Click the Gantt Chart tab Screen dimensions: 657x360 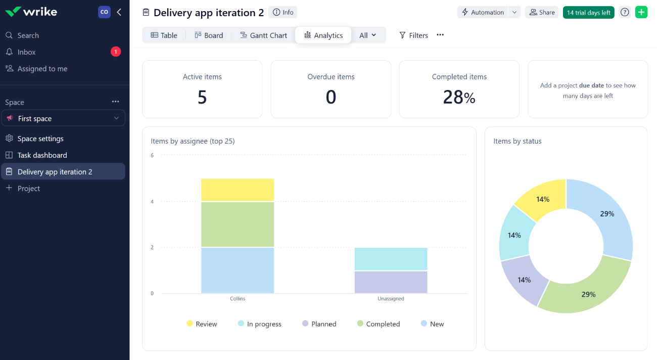pyautogui.click(x=263, y=35)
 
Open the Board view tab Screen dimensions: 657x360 pyautogui.click(x=209, y=35)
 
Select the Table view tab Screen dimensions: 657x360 pyautogui.click(x=164, y=35)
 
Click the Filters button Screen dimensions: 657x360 pyautogui.click(x=413, y=35)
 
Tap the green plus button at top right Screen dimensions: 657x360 pyautogui.click(x=641, y=13)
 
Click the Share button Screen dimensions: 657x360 pyautogui.click(x=542, y=13)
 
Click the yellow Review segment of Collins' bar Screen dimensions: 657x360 pyautogui.click(x=238, y=190)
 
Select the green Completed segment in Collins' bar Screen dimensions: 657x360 pyautogui.click(x=238, y=224)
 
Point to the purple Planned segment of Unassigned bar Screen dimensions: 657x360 pyautogui.click(x=391, y=282)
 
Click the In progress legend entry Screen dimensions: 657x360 pyautogui.click(x=259, y=324)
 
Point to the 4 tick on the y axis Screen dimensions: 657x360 pyautogui.click(x=152, y=202)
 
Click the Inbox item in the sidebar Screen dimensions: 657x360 pyautogui.click(x=27, y=52)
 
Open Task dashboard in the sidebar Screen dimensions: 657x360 pyautogui.click(x=42, y=155)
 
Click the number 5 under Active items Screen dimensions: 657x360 pyautogui.click(x=202, y=97)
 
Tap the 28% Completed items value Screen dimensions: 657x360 pyautogui.click(x=459, y=97)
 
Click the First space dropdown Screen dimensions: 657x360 pyautogui.click(x=63, y=118)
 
